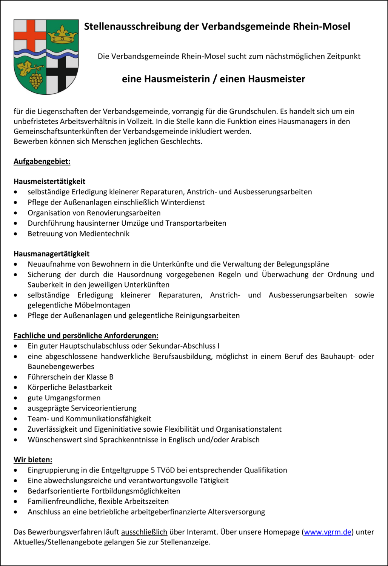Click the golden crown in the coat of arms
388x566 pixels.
pyautogui.click(x=62, y=34)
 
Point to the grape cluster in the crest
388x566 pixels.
pyautogui.click(x=36, y=80)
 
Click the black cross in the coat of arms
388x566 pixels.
pyautogui.click(x=62, y=74)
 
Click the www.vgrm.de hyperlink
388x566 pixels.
pyautogui.click(x=328, y=532)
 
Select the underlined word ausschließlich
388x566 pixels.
pyautogui.click(x=144, y=532)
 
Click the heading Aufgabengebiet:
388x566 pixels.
pyautogui.click(x=42, y=161)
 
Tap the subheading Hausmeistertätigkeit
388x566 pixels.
pyautogui.click(x=49, y=181)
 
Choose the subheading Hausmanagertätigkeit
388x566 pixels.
pyautogui.click(x=52, y=254)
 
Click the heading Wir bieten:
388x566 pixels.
pyautogui.click(x=33, y=460)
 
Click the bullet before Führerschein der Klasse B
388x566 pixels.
pyautogui.click(x=15, y=377)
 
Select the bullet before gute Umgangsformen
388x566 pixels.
pyautogui.click(x=15, y=398)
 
